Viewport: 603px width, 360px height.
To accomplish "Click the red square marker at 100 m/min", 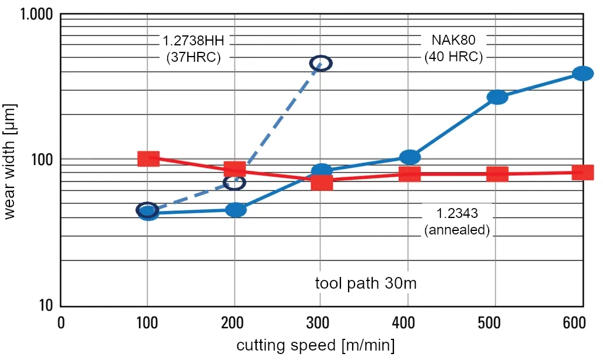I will click(148, 158).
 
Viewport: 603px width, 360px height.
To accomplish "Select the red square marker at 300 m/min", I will click(322, 182).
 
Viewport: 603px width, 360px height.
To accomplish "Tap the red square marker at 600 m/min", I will click(583, 172).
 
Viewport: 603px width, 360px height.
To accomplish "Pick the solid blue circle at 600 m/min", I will click(583, 73).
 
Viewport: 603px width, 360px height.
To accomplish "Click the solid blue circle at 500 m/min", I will click(498, 97).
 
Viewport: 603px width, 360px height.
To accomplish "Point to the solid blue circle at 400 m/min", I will click(410, 157).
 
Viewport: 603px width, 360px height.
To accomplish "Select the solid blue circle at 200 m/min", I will click(236, 210).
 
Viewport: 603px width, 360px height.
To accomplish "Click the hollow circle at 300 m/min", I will click(322, 63).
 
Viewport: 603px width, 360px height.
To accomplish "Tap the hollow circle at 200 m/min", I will click(235, 183).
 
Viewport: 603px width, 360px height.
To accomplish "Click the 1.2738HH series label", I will click(194, 41).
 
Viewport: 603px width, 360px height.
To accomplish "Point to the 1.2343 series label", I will click(457, 213).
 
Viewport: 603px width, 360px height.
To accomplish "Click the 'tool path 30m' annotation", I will click(366, 283).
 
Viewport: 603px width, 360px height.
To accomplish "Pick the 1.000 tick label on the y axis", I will click(37, 14).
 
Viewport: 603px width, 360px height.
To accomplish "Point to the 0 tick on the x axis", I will click(61, 323).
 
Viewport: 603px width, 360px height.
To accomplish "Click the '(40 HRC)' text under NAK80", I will click(453, 57).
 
